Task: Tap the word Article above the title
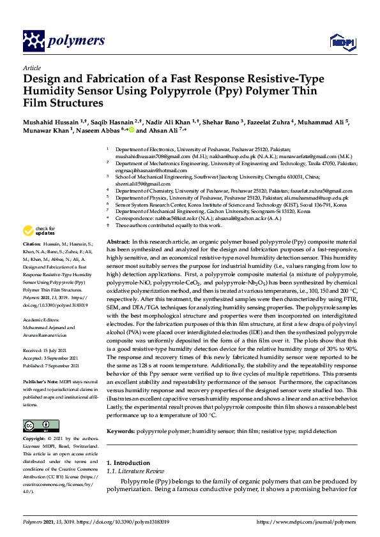click(31, 68)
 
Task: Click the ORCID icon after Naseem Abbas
click(132, 129)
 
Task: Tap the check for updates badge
click(39, 231)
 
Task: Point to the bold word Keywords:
click(120, 432)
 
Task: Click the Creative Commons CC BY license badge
click(36, 425)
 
